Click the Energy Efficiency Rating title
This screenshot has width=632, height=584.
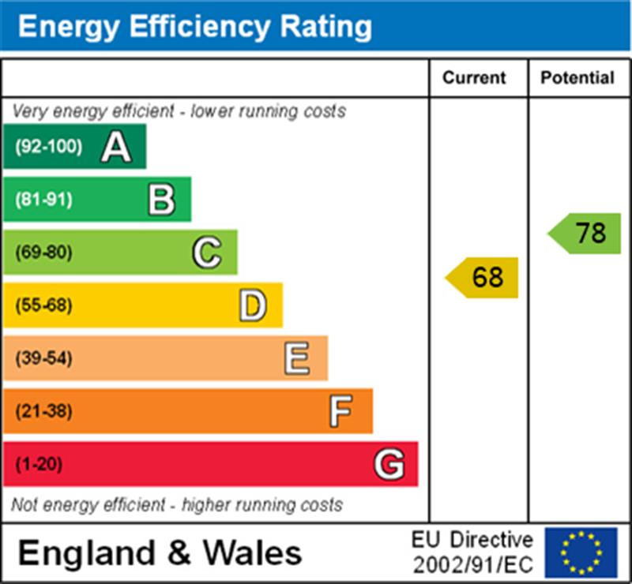click(194, 27)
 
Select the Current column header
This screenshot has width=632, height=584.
click(474, 77)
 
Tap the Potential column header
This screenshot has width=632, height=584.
click(577, 77)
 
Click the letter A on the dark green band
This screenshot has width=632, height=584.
click(115, 147)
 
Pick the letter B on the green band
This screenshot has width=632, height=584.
click(161, 200)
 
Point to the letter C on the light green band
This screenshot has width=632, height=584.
click(206, 253)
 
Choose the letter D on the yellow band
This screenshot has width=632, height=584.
click(252, 305)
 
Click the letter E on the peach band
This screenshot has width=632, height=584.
click(297, 358)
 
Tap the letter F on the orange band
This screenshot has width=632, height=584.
click(340, 411)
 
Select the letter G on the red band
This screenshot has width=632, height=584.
click(389, 464)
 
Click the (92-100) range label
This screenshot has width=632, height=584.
click(48, 147)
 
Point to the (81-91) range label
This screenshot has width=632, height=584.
click(44, 200)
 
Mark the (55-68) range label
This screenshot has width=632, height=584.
click(44, 305)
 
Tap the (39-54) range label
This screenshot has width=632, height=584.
click(44, 358)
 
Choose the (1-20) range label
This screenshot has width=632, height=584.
click(39, 464)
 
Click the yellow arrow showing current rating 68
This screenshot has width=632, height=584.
click(483, 278)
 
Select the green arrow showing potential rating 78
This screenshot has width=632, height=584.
click(585, 234)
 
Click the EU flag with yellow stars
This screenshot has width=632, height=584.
click(581, 552)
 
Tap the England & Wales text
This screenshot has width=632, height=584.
click(160, 552)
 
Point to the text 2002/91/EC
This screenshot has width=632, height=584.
click(472, 565)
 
